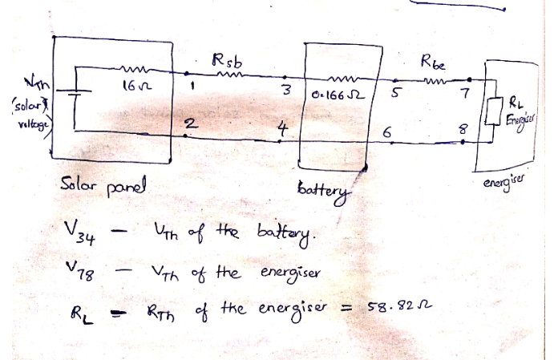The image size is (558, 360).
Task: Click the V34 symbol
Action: click(x=79, y=233)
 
